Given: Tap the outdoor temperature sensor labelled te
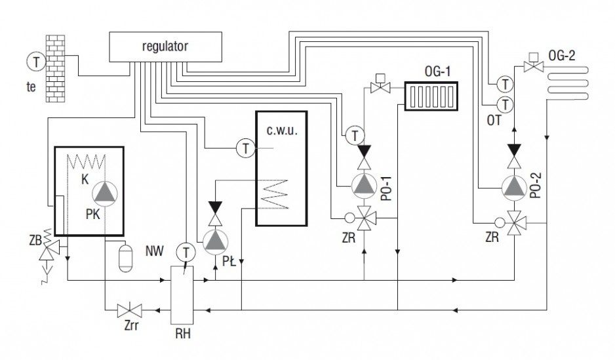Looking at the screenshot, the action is [36, 62].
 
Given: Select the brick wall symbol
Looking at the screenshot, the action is [55, 69].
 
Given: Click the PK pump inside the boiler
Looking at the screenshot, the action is [105, 193].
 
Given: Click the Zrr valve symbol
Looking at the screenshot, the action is [129, 311].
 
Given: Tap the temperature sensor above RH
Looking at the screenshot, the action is [186, 253].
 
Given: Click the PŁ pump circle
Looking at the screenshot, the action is [215, 242].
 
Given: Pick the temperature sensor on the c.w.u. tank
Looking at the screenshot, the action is [246, 148].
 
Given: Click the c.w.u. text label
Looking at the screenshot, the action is [282, 130].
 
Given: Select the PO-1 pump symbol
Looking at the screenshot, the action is [364, 185].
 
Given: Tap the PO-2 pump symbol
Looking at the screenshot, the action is [514, 188].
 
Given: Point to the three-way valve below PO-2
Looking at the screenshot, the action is [514, 223].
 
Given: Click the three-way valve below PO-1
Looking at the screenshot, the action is [365, 218].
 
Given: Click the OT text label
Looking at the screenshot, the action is [494, 121].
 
